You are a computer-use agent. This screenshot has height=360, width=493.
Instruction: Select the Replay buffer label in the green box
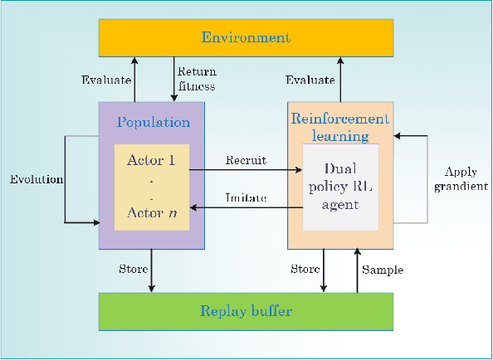point(247,311)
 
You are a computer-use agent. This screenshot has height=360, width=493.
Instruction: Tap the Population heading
point(153,122)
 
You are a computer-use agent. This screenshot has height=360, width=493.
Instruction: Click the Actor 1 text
point(152,159)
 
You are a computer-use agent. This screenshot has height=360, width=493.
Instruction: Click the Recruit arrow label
point(245,161)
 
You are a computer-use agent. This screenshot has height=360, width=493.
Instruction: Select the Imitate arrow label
point(245,197)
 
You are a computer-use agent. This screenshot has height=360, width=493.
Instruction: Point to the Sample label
point(383,270)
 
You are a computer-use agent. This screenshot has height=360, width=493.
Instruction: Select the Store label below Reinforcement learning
point(305,269)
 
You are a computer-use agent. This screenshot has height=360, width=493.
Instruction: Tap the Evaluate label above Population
point(105,80)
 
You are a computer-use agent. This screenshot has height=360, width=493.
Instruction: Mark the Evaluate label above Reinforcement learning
point(310,80)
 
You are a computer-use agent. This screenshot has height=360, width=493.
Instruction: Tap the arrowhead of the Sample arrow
point(357,251)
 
